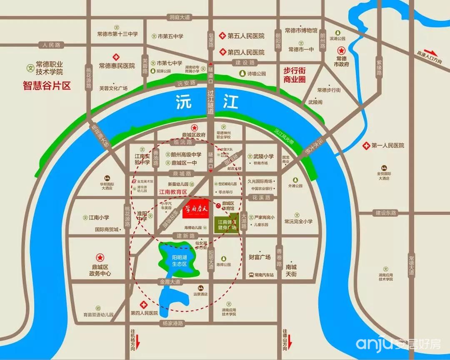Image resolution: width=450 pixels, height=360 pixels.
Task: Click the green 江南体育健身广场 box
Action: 227,225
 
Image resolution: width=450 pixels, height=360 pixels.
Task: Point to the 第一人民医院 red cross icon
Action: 366,145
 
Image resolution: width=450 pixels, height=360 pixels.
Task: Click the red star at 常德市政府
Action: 342,49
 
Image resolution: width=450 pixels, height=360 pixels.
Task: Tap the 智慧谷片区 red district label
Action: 47,86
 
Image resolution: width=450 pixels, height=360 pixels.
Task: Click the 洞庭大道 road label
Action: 180,17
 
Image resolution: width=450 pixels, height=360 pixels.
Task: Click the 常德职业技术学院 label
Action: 49,68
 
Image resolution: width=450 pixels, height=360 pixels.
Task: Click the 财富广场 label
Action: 260,257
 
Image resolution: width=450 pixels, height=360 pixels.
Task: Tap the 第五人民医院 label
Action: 246,36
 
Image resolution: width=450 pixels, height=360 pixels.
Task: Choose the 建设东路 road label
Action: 384,213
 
